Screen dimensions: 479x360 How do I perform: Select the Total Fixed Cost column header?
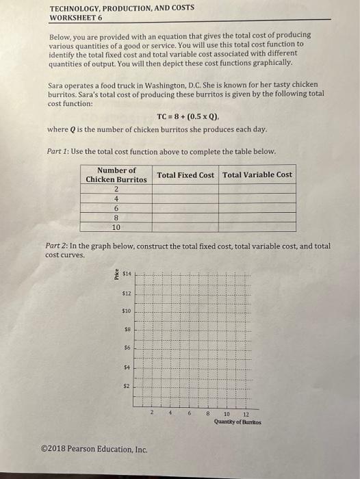[x=185, y=175]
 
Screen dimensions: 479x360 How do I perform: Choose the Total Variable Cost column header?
[x=257, y=175]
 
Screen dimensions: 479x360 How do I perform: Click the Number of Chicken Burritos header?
[x=116, y=174]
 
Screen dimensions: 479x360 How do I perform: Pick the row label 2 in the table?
[x=116, y=189]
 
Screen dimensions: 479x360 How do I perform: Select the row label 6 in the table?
[x=116, y=208]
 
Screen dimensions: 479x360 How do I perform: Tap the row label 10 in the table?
[x=116, y=227]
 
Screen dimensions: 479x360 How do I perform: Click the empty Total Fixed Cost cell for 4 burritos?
[x=185, y=198]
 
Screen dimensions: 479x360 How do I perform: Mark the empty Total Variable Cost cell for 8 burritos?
[x=257, y=218]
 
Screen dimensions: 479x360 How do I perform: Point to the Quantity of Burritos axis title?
[x=237, y=422]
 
